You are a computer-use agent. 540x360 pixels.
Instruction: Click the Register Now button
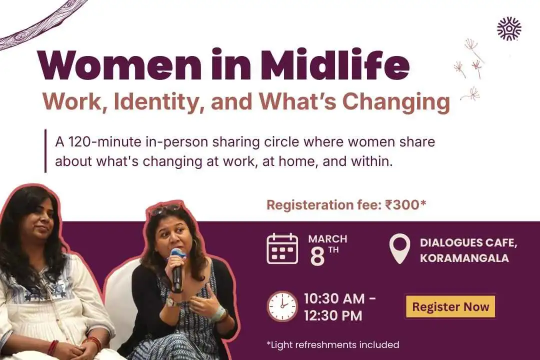click(x=450, y=306)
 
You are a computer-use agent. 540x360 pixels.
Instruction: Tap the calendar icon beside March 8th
click(x=282, y=248)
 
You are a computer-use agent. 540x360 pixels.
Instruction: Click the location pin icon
click(x=399, y=249)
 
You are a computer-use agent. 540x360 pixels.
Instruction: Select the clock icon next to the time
click(x=282, y=306)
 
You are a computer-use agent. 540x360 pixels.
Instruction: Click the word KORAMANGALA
click(x=464, y=258)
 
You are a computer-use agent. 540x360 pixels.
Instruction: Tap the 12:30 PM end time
click(x=333, y=316)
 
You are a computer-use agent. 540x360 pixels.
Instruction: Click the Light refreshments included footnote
click(x=332, y=344)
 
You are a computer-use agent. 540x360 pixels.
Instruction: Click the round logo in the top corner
click(x=509, y=28)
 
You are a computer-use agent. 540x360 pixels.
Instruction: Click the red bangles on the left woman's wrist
click(x=52, y=347)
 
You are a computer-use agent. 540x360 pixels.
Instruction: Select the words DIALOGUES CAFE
click(x=468, y=243)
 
